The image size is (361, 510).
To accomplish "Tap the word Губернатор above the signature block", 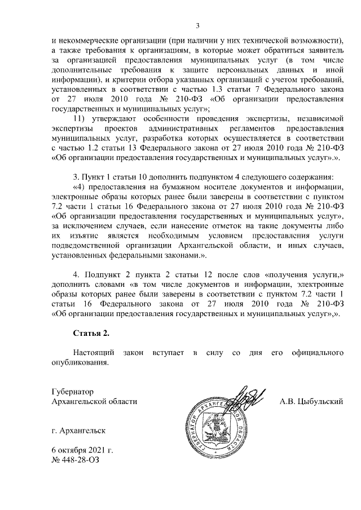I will click(x=72, y=391).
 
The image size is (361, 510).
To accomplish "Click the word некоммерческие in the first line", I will click(x=91, y=41).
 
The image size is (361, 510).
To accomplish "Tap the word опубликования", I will click(x=79, y=362).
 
